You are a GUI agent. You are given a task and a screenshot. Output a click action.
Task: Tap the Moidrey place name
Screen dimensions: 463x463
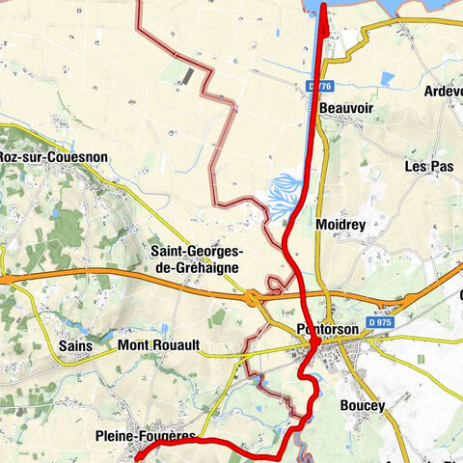[x=340, y=224]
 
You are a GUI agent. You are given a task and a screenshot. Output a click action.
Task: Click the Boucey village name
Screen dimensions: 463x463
[x=363, y=406]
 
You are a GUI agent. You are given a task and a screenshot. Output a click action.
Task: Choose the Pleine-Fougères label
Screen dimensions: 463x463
[x=146, y=437]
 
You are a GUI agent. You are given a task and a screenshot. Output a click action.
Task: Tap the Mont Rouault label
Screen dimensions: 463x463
[x=157, y=344]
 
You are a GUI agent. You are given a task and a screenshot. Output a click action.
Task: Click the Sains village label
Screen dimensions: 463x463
[x=74, y=344]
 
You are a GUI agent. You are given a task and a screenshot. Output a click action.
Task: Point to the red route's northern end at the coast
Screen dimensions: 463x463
[x=322, y=7]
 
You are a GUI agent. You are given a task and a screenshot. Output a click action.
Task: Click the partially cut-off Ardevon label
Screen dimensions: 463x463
[x=443, y=92]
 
